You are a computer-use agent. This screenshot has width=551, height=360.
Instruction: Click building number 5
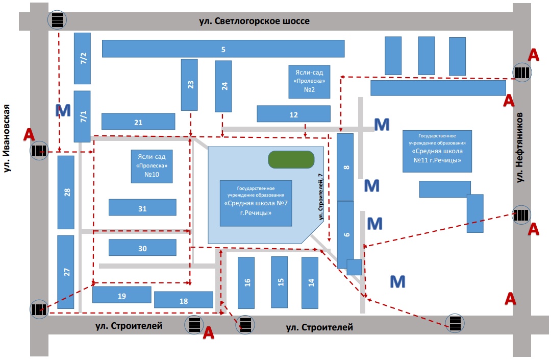point(223,49)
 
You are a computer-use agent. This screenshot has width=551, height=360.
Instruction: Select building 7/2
point(83,58)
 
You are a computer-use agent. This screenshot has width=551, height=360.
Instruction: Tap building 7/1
point(83,116)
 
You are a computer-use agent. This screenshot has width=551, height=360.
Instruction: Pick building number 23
point(190,85)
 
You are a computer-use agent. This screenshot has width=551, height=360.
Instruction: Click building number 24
point(223,86)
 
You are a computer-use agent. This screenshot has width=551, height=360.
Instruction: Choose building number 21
point(138,122)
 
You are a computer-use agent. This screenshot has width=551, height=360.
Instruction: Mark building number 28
point(66,192)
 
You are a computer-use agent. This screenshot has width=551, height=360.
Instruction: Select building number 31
point(142,208)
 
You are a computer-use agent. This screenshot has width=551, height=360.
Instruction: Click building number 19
point(121,296)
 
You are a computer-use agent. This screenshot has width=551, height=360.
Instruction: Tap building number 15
point(280,282)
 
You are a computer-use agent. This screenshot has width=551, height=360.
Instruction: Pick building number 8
point(345,167)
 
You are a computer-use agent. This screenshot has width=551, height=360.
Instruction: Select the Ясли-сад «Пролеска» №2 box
point(309,82)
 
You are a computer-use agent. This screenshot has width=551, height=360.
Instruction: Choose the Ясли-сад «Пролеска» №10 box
point(152,166)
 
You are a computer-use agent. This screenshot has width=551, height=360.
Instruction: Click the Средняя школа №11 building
point(437,151)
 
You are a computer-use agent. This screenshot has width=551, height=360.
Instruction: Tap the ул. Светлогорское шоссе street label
point(255,21)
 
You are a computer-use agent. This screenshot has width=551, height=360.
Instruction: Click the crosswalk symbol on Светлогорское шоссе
point(57,20)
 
